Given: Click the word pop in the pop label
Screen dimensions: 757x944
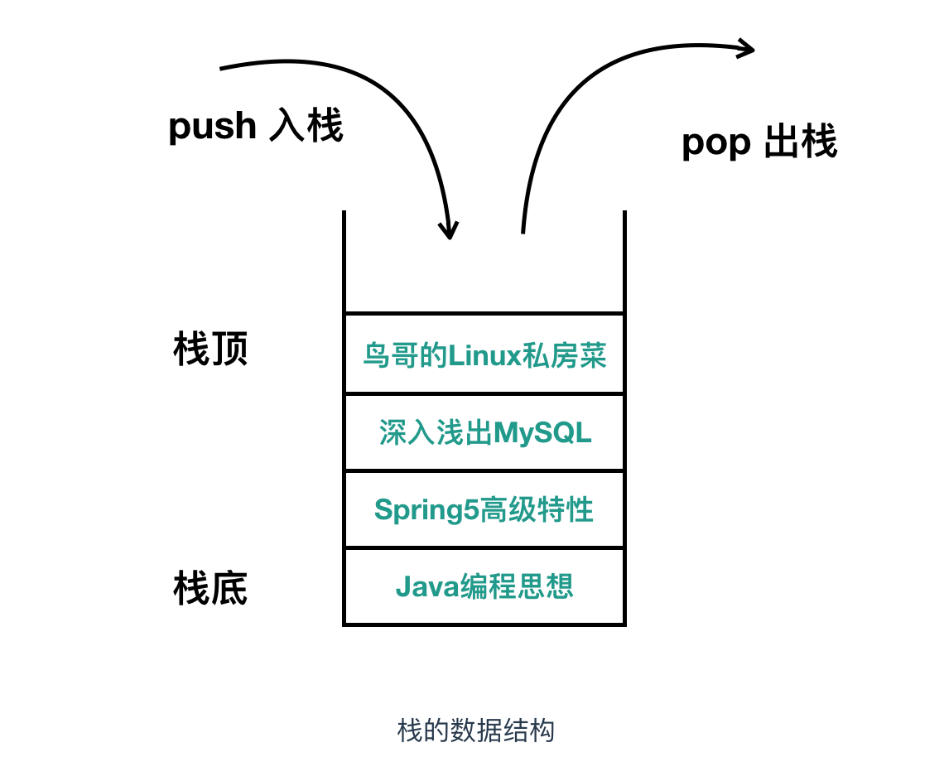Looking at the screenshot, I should click(715, 142).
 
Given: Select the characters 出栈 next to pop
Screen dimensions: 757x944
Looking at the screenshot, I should click(800, 142).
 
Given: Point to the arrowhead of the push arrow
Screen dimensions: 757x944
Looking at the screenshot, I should click(450, 231).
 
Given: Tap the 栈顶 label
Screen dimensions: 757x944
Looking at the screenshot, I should click(210, 350).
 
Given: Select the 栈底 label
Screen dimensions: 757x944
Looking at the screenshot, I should click(210, 589).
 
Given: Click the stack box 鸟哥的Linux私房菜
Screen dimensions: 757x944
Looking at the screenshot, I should click(484, 354).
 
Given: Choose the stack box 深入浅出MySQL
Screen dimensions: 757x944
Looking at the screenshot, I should click(484, 432).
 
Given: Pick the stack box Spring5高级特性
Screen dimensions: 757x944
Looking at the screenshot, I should click(484, 509).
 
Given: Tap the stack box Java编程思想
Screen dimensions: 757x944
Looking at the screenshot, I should click(484, 586).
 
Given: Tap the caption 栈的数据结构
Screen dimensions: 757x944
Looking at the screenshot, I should click(475, 730).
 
